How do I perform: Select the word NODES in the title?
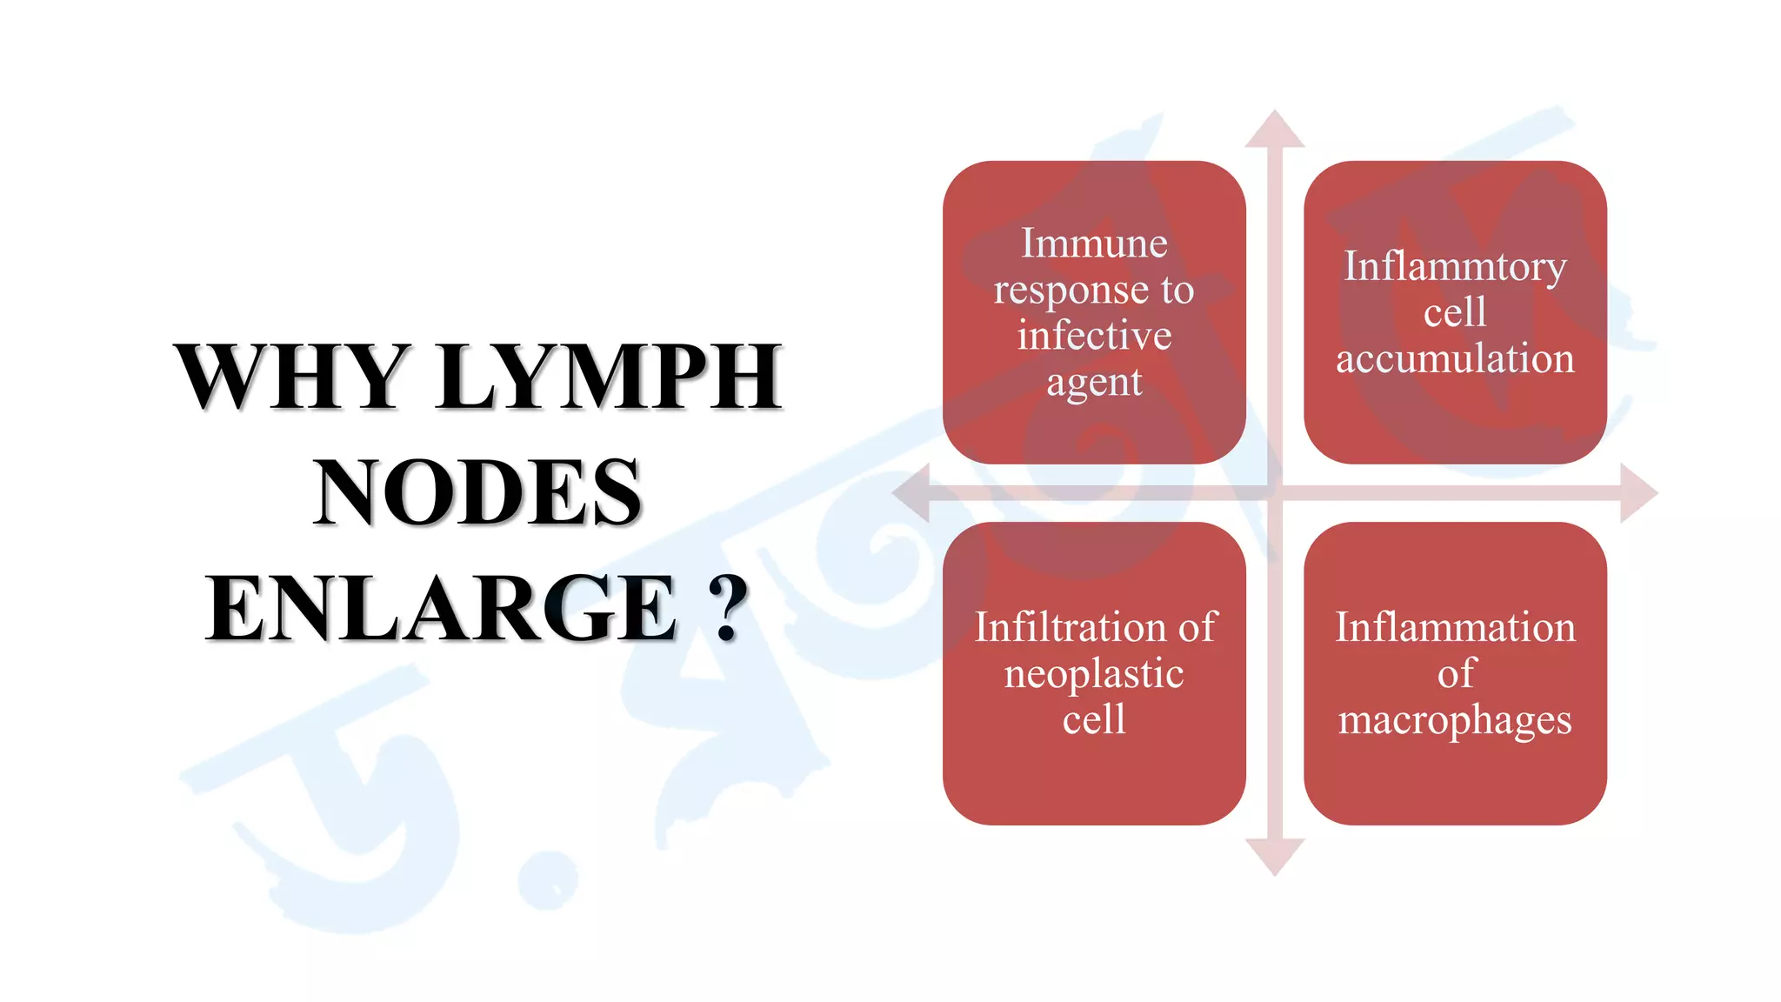coord(477,492)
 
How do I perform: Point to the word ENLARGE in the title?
coord(441,608)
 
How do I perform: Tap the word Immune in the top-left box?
coord(1094,243)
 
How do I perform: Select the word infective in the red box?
coord(1094,335)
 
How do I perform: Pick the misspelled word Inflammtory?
coord(1455,266)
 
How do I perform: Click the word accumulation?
coord(1455,358)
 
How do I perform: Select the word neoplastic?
coord(1094,674)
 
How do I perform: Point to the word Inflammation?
coord(1455,627)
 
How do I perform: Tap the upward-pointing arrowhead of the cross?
coord(1275,130)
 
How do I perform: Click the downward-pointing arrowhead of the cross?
coord(1275,856)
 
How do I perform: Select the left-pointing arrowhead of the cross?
coord(912,493)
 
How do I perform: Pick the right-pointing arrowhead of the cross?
coord(1638,493)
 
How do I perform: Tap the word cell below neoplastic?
coord(1094,719)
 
